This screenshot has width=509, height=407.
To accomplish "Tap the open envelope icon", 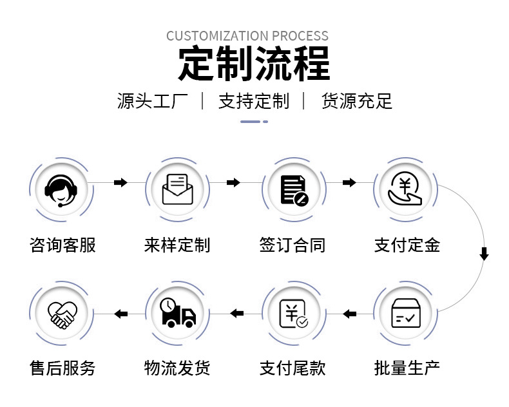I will [177, 189].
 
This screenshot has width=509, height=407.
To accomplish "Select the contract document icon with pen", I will [293, 189].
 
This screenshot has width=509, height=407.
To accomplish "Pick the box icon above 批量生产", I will [407, 314].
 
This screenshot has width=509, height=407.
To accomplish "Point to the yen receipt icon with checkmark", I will [293, 314].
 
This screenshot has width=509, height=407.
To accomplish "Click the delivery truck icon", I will [177, 314].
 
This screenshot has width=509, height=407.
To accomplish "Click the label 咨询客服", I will [62, 245].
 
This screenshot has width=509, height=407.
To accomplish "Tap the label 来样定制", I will [177, 245].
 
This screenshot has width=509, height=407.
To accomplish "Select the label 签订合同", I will [293, 245].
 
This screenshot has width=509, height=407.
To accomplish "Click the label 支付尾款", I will [293, 368].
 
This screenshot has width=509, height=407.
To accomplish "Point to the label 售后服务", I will [62, 368].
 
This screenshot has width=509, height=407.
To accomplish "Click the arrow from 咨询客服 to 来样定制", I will [120, 183].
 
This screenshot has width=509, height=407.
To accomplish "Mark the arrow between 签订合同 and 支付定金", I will [349, 183].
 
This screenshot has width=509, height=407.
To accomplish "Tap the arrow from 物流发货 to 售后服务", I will [120, 314].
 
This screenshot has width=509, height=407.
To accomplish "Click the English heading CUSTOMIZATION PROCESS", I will [247, 36].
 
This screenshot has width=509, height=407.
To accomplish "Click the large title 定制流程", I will [254, 64].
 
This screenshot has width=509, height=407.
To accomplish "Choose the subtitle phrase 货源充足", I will [356, 102].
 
